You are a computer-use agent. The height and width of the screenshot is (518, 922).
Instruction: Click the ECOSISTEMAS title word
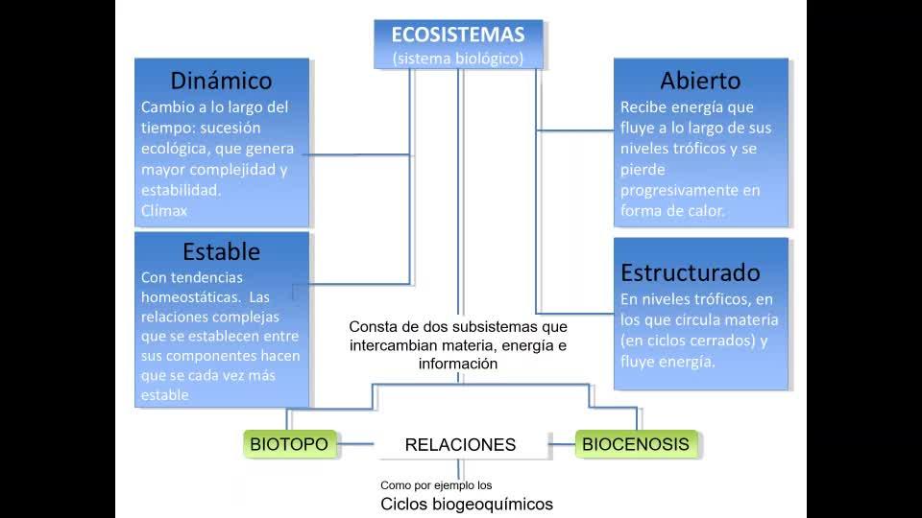click(x=458, y=35)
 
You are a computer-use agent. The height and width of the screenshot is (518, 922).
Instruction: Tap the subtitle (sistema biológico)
click(x=458, y=59)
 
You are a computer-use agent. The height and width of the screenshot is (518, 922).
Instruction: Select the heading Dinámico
click(x=221, y=81)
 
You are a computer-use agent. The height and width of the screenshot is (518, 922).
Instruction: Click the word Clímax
click(x=164, y=210)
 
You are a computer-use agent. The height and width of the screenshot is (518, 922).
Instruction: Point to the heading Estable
click(x=221, y=252)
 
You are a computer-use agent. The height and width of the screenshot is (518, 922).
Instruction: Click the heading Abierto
click(x=700, y=81)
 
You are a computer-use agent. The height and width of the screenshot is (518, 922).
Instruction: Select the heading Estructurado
click(x=691, y=272)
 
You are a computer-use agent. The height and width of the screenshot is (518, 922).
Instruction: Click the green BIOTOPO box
click(x=289, y=444)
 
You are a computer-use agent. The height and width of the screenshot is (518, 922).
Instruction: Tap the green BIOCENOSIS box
click(x=636, y=444)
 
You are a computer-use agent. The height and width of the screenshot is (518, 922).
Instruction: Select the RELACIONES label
click(x=460, y=445)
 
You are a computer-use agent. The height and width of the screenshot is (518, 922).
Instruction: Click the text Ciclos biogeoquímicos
click(x=467, y=505)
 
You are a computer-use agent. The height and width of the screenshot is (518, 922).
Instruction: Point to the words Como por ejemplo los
click(x=436, y=485)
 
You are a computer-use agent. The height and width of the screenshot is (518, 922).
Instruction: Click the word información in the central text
click(x=458, y=364)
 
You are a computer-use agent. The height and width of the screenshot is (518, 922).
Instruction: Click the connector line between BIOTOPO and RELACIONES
click(x=359, y=444)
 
